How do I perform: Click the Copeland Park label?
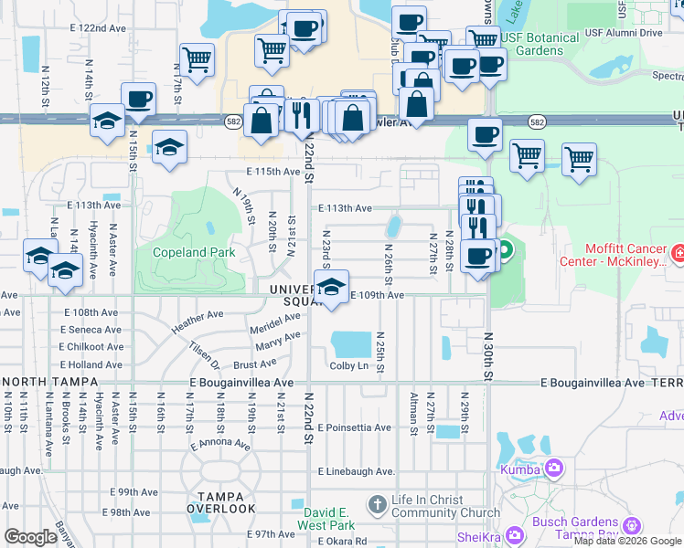(193, 252)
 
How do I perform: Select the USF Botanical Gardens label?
(540, 44)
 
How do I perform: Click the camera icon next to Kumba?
(554, 469)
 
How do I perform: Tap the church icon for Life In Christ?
(376, 504)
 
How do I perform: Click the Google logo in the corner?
(30, 536)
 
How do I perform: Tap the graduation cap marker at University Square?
(330, 285)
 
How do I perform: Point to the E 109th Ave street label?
(378, 295)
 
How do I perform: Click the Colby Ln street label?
(349, 366)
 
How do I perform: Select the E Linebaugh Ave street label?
(357, 471)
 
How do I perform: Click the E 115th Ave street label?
(273, 172)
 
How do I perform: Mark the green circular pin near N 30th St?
(504, 248)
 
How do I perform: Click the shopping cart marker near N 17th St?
(197, 59)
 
